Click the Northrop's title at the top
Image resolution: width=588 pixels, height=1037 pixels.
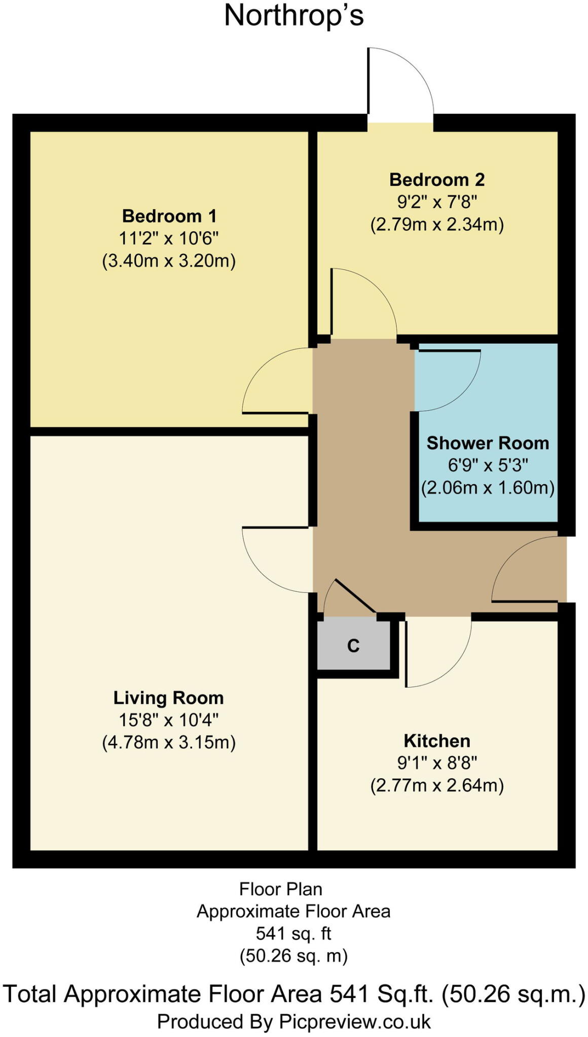coord(293,15)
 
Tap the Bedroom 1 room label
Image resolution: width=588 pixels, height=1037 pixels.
coord(169,216)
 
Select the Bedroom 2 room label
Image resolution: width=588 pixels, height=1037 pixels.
coord(436,180)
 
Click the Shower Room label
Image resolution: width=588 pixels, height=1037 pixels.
coord(488,443)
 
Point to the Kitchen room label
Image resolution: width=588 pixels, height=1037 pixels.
coord(436,741)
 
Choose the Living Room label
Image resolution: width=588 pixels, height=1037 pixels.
coord(168,698)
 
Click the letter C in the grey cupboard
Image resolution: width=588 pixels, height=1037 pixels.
coord(353,646)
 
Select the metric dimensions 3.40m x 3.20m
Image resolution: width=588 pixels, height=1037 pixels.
coord(169,261)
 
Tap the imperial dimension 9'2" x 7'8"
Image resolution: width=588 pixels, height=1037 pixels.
coord(436,202)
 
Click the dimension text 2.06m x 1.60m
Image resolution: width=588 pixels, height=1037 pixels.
coord(488,488)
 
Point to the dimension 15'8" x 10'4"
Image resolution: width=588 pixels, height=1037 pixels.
coord(168,720)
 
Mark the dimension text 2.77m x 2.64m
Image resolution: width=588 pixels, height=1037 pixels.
coord(436,785)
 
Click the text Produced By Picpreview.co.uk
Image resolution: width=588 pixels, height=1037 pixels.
coord(293,1021)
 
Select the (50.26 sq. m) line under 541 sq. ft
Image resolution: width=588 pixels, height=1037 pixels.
coord(293,955)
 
